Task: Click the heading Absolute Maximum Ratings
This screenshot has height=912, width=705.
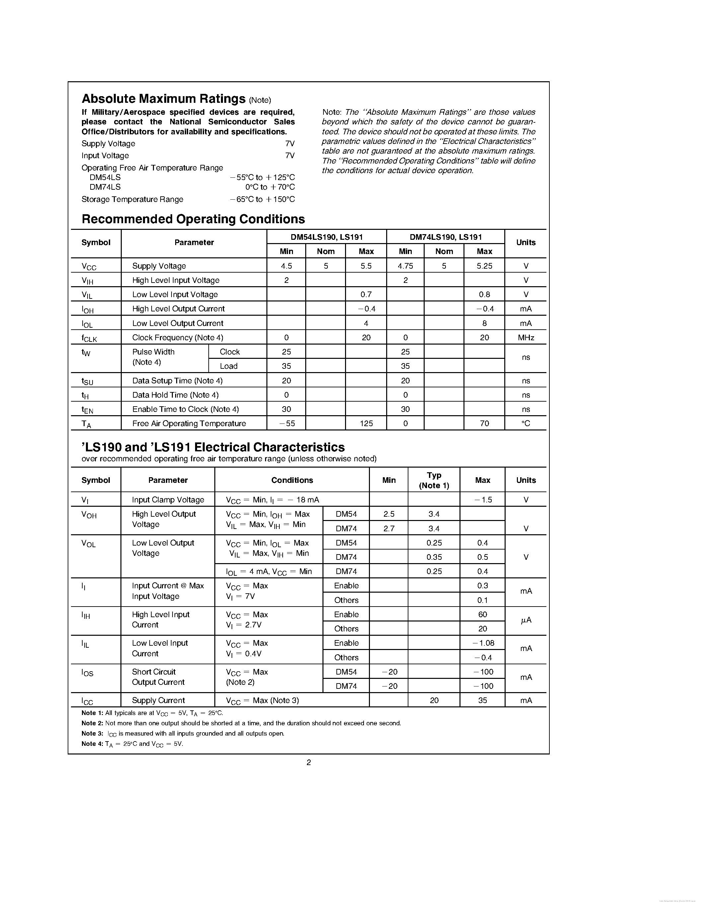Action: (163, 99)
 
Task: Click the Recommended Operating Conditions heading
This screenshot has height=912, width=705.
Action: (193, 219)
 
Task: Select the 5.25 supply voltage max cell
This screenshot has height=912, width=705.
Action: (484, 266)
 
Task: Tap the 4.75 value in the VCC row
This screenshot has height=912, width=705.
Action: (405, 266)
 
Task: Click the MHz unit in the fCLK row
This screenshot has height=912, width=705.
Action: (526, 337)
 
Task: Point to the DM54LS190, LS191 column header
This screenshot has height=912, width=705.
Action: (326, 237)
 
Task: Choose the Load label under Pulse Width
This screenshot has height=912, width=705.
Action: (229, 366)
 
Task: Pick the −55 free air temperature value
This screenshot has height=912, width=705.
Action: (286, 423)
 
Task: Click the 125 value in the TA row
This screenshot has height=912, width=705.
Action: (366, 423)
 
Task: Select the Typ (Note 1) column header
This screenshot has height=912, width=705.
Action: (434, 480)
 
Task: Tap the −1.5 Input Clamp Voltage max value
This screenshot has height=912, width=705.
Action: (482, 500)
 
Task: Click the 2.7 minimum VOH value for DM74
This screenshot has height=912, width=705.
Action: (388, 529)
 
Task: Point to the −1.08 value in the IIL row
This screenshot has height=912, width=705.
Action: (482, 643)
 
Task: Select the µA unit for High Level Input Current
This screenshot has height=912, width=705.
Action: (526, 621)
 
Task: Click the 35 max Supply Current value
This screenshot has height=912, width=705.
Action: (482, 700)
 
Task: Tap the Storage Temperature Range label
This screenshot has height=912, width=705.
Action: (132, 200)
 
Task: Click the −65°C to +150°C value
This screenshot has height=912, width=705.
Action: (262, 200)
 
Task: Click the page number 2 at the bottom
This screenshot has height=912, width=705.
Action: (309, 762)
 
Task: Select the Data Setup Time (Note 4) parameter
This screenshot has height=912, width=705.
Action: (177, 381)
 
